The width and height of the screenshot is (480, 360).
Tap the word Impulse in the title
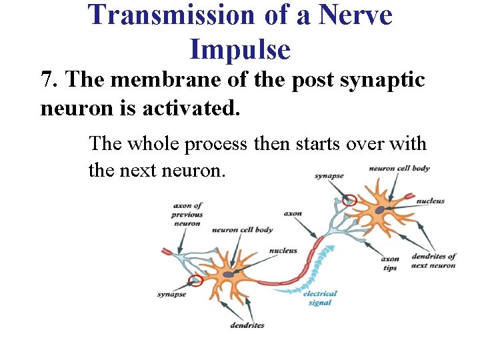pyautogui.click(x=240, y=49)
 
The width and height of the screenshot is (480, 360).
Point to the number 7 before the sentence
pyautogui.click(x=47, y=80)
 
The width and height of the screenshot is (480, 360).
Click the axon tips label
pyautogui.click(x=390, y=263)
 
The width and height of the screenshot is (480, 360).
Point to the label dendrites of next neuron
pyautogui.click(x=433, y=261)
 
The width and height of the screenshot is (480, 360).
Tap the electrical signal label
pyautogui.click(x=320, y=297)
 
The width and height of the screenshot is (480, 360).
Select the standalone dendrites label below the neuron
pyautogui.click(x=247, y=325)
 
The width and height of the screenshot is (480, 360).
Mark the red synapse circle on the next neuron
pyautogui.click(x=349, y=199)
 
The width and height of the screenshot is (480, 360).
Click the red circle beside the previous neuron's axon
pyautogui.click(x=195, y=281)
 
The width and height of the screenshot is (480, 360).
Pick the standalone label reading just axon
pyautogui.click(x=293, y=214)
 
